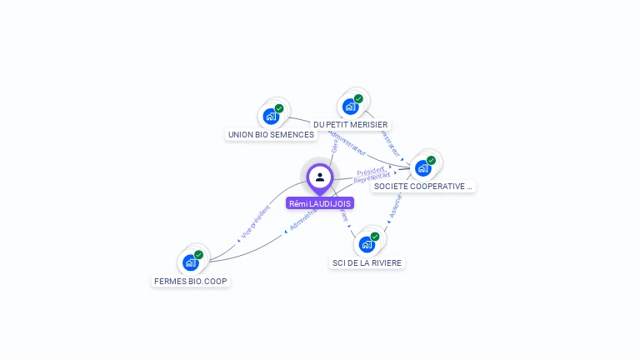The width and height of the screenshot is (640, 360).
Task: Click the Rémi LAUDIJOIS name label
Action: tap(319, 203)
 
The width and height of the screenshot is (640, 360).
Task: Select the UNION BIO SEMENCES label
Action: tap(271, 134)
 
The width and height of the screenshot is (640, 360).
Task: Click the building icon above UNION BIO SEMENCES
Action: tap(270, 117)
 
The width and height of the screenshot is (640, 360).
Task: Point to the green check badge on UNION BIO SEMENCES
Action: tap(279, 108)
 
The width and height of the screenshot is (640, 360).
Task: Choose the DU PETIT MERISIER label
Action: tap(351, 124)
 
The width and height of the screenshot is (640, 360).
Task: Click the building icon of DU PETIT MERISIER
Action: tap(350, 107)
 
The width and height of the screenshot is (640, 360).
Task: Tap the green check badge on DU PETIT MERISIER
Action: tap(358, 99)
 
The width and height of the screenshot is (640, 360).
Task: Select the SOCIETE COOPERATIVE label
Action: tap(423, 186)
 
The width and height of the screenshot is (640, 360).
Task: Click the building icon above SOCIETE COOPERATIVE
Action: tap(422, 168)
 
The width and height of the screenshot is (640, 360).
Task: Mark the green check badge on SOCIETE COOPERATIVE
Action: tap(431, 160)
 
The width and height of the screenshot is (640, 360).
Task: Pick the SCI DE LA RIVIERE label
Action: tap(367, 262)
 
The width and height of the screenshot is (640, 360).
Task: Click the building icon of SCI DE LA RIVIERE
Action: tap(366, 244)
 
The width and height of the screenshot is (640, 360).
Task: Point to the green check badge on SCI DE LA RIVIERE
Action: tap(375, 237)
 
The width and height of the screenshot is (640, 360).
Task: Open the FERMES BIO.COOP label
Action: tap(191, 281)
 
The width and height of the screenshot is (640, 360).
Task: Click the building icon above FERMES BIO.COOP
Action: tap(190, 262)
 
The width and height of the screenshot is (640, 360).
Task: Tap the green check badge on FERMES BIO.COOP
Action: tap(198, 255)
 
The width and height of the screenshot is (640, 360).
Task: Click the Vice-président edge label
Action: tap(255, 223)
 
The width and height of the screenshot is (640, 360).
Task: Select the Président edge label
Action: tap(370, 172)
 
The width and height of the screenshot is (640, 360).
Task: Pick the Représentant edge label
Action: tap(372, 177)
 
